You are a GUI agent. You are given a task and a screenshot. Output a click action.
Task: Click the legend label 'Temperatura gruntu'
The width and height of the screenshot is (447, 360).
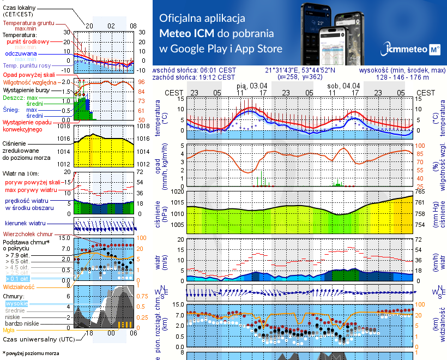[27, 23]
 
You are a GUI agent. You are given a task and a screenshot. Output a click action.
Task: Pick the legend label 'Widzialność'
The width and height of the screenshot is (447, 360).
[19, 286]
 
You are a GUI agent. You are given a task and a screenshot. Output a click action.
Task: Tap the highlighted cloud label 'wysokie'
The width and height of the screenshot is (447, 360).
[16, 303]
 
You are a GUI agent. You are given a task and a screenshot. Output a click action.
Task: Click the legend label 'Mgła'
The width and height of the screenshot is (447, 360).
[9, 330]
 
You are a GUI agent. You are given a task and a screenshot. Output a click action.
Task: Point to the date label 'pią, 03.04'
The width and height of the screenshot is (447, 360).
[252, 86]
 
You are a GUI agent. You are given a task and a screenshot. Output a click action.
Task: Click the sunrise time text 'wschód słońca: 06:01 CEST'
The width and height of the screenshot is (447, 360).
[194, 70]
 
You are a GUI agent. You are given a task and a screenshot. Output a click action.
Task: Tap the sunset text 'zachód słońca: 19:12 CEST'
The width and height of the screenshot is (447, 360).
[194, 77]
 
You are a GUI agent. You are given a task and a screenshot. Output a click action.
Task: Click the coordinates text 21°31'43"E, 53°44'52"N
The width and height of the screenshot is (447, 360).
[300, 70]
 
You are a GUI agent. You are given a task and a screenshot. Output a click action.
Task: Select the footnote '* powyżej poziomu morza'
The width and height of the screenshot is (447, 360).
[31, 353]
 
